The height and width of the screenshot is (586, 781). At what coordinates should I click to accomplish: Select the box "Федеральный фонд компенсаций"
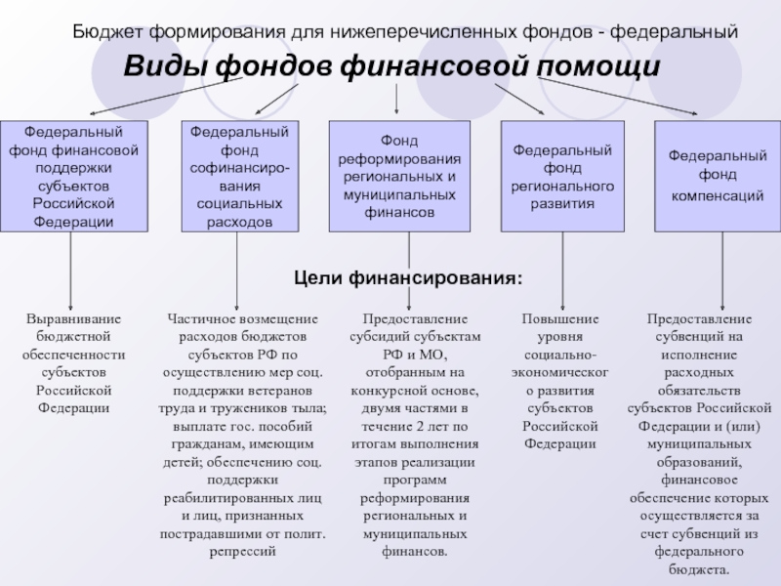coord(716,176)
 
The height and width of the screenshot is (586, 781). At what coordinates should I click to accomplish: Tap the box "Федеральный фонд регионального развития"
coord(562,176)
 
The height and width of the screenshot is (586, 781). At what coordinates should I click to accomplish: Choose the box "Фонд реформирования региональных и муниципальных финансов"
coord(399,176)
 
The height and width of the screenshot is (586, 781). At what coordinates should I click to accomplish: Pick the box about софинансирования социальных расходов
coord(239,176)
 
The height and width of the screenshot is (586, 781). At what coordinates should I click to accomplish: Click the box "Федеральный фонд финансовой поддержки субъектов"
coord(74,176)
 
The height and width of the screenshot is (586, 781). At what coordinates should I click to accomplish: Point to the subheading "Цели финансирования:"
coord(408,278)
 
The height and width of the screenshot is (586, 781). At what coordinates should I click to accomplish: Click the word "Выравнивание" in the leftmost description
coord(74,319)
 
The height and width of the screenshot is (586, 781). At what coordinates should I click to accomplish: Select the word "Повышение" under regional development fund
coord(560,319)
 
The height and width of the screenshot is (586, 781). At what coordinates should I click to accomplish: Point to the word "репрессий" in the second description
coord(243,551)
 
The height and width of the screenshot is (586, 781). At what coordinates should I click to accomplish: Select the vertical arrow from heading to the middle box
coord(395,100)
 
